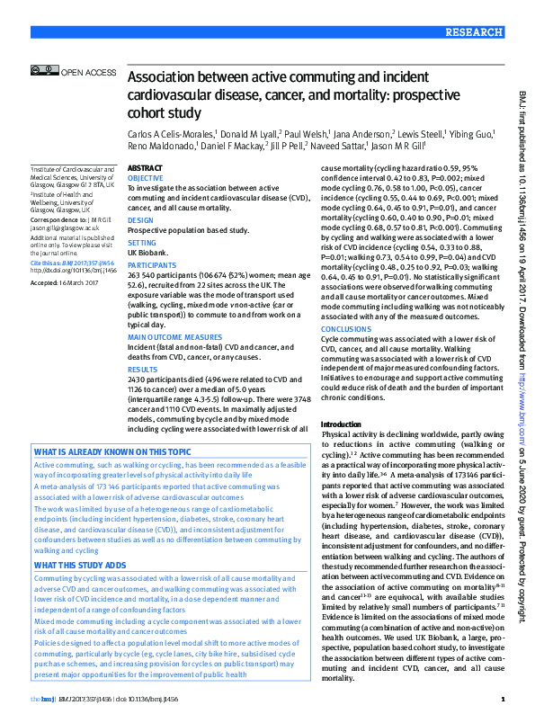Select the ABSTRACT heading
tap(146, 169)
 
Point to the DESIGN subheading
tap(140, 220)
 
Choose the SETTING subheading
tap(142, 243)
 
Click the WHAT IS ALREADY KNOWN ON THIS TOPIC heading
tap(112, 451)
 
